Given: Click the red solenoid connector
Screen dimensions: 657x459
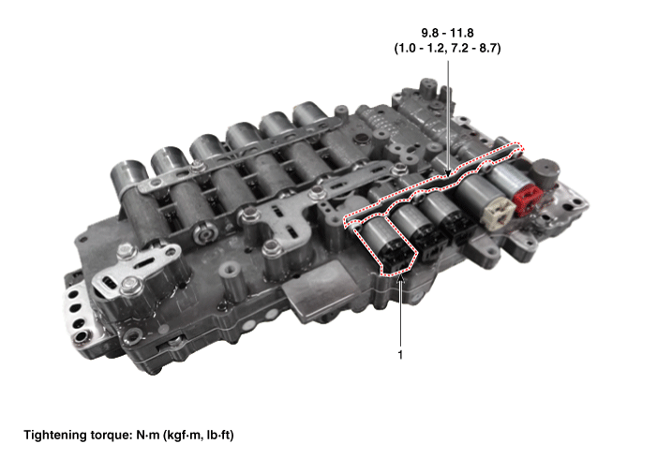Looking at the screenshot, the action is point(528,199).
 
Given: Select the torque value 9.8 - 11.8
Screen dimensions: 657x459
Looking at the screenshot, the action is point(447,33).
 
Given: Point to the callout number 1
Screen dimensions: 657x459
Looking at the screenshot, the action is point(400,354).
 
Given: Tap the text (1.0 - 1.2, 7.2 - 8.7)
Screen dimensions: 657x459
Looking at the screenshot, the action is point(447,48).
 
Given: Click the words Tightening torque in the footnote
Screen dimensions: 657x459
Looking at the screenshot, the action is point(78,436).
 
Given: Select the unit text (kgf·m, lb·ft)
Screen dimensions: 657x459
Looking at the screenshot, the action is point(198,436).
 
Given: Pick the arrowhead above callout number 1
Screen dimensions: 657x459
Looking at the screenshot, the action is point(400,280).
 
